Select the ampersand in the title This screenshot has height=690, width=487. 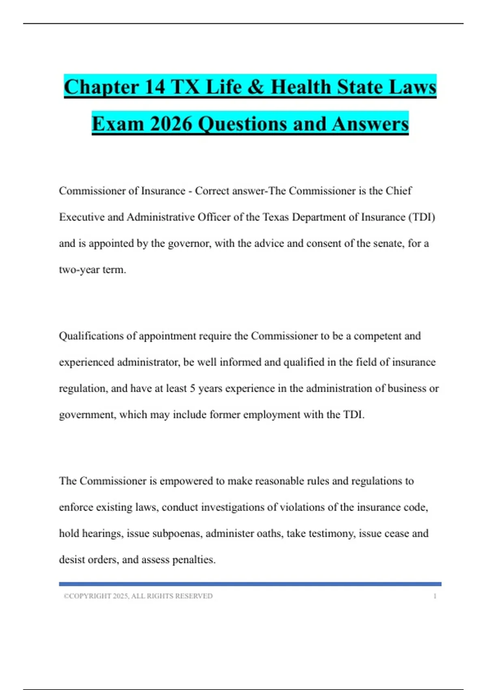[x=256, y=87]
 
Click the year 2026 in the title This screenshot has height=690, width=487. [x=171, y=124]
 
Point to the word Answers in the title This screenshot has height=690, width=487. [x=370, y=124]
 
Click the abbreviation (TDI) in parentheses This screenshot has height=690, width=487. [x=422, y=217]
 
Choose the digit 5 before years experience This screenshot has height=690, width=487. [x=192, y=388]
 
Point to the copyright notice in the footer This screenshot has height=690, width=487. [x=138, y=596]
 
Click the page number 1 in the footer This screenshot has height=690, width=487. [x=435, y=596]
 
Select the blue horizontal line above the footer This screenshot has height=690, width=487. [x=250, y=584]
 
